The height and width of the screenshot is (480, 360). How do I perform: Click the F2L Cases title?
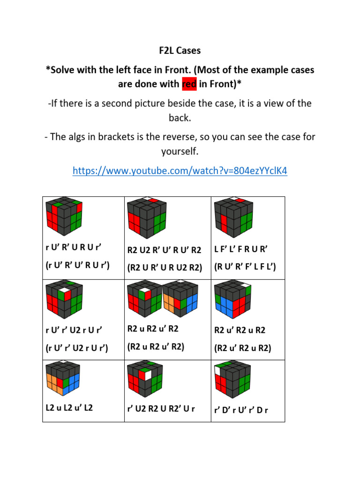(x=180, y=50)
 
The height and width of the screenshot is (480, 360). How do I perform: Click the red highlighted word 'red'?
(x=189, y=84)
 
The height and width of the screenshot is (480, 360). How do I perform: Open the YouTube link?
(x=180, y=171)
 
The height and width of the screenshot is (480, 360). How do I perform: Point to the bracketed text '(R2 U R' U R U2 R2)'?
(x=165, y=267)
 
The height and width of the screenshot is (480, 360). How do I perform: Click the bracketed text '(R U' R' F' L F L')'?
(x=245, y=267)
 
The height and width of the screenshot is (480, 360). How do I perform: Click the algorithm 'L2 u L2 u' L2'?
(x=69, y=408)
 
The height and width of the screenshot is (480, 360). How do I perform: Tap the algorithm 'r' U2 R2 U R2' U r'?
(x=162, y=409)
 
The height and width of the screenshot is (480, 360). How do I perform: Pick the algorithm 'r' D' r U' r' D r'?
(x=241, y=410)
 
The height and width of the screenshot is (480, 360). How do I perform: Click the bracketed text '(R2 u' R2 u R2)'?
(x=243, y=348)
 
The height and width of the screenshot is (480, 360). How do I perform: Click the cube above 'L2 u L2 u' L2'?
(x=64, y=380)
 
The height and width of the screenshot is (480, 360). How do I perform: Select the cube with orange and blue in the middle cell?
(x=180, y=300)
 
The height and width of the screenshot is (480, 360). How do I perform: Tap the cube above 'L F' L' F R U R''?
(x=232, y=218)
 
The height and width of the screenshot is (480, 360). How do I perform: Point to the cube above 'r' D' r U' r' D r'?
(x=232, y=381)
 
